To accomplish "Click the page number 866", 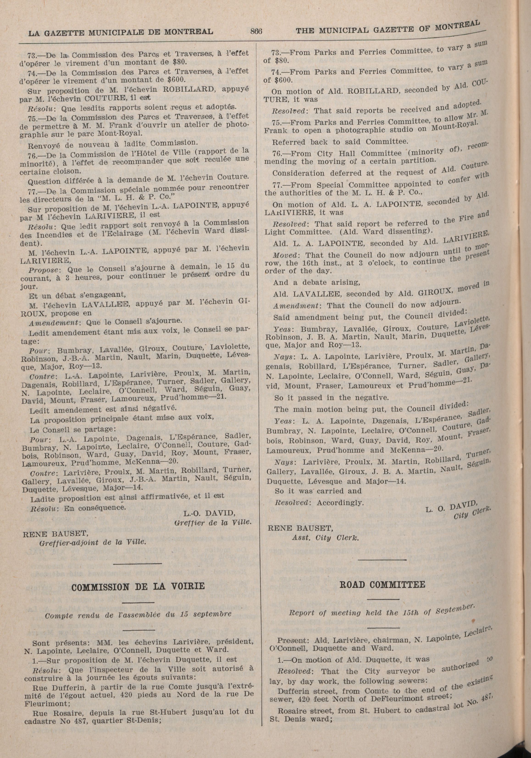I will [x=256, y=31].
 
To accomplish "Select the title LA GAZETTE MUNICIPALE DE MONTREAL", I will [x=120, y=32].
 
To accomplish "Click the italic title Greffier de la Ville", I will [x=213, y=523].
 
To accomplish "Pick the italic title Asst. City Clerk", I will [x=325, y=538].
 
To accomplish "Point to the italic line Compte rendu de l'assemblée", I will [x=138, y=614].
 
